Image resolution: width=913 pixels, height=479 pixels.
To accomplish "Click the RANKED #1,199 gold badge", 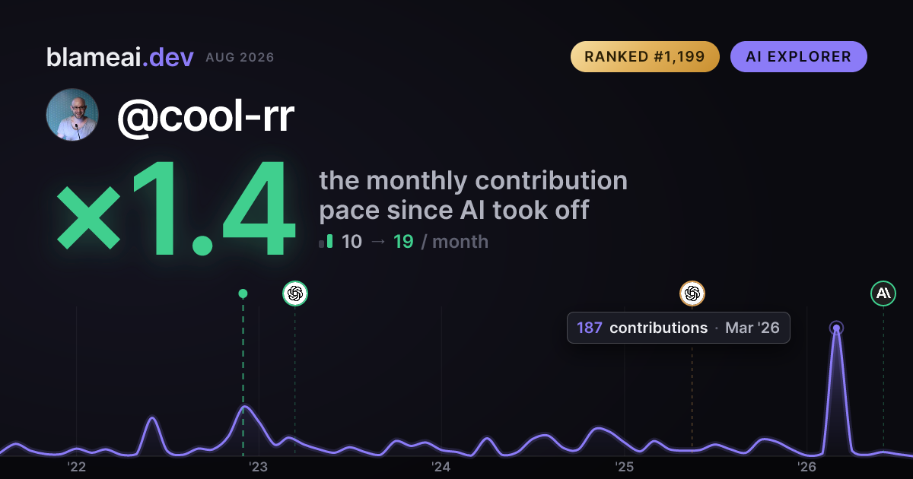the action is [645, 56].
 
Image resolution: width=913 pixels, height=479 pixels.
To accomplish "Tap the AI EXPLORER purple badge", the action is [798, 56].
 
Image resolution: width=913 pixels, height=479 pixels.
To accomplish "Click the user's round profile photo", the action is [72, 115].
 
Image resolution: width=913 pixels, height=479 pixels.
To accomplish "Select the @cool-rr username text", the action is [206, 116].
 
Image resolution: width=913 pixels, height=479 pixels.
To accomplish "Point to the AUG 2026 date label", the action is [240, 58].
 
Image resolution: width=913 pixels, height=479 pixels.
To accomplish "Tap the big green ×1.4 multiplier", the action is [176, 208].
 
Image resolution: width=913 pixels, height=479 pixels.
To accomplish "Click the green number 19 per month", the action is [403, 242].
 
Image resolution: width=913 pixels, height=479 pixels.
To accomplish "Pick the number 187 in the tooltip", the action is [590, 328].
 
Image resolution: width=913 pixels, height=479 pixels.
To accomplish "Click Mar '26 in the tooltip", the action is [752, 328].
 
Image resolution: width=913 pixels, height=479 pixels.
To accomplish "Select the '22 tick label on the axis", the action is [77, 467].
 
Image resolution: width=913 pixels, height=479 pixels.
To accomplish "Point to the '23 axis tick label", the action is [259, 467].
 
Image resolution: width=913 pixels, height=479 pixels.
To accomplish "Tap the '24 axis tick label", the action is [441, 467].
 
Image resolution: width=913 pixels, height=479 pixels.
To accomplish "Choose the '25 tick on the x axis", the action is [624, 467].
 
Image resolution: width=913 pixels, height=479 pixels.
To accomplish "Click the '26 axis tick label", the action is [806, 467].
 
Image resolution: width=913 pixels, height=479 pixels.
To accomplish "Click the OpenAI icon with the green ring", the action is [295, 293].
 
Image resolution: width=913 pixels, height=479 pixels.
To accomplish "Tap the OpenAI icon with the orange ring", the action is [692, 293].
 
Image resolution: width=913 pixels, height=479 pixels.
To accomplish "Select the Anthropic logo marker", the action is [883, 293].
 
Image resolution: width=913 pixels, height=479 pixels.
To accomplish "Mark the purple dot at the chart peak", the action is [836, 328].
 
